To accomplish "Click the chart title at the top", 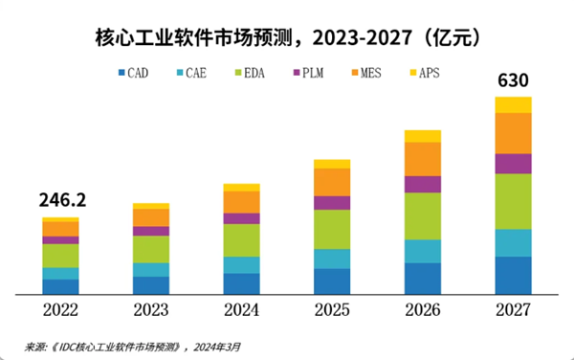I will [x=287, y=38].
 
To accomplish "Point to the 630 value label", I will [x=513, y=81].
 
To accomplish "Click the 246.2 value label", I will [x=61, y=202].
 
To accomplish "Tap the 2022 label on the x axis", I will [x=61, y=310].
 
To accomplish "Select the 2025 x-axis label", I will [x=332, y=310].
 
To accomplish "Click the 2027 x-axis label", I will [x=513, y=310].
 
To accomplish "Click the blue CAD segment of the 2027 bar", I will [x=513, y=275].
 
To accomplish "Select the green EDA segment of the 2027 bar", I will [x=513, y=201].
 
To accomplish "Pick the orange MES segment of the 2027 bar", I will [x=513, y=133].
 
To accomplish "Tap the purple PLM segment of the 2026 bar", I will [x=423, y=184].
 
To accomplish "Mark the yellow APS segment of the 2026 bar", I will [x=423, y=136].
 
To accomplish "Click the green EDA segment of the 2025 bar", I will [x=332, y=229].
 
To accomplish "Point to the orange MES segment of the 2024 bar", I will [x=242, y=201].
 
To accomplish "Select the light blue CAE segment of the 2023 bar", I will [x=151, y=269].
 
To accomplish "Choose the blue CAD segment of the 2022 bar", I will [x=61, y=285].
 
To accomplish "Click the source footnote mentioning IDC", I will [x=134, y=346].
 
